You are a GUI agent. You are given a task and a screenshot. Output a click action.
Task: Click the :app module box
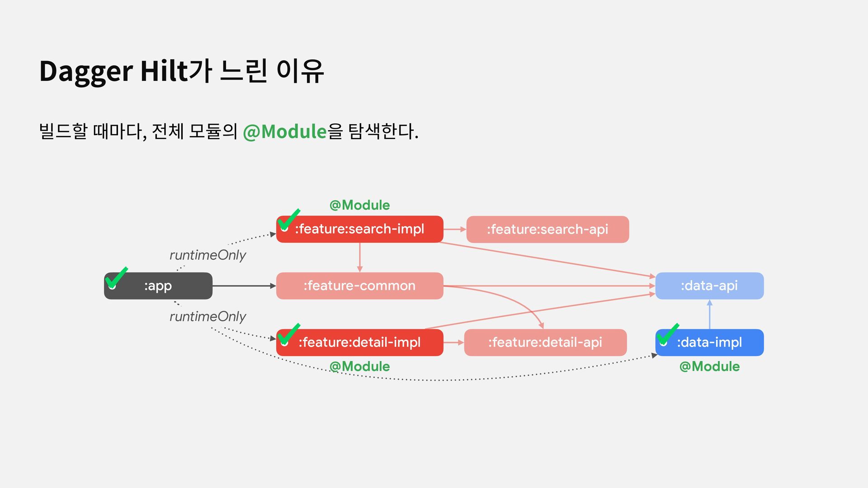click(158, 286)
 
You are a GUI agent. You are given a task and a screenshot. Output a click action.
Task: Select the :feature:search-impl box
click(359, 229)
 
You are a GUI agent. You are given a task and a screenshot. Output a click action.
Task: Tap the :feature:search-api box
click(547, 230)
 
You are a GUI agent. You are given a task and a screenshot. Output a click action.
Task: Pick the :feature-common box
click(359, 286)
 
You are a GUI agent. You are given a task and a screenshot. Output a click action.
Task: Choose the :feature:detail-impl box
click(359, 343)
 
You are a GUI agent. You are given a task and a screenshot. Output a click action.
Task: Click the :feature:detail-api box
click(545, 343)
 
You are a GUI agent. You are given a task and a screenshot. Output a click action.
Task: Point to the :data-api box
click(709, 286)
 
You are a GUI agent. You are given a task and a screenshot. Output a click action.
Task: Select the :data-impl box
click(709, 343)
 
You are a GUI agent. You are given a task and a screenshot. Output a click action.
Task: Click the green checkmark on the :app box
click(116, 277)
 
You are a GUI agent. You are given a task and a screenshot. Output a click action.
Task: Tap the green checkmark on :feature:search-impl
click(288, 219)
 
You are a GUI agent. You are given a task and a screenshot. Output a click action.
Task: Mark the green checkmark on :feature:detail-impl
click(288, 334)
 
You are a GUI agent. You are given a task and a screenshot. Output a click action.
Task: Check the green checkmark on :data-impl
click(667, 334)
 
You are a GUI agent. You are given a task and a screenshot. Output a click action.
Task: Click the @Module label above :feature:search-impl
click(359, 205)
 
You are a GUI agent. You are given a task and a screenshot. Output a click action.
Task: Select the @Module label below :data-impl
click(709, 366)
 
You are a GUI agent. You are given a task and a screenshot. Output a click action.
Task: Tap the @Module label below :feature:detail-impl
click(359, 366)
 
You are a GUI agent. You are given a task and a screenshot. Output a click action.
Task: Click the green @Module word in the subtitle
click(284, 132)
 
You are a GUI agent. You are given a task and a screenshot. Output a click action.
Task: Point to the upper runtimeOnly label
click(208, 255)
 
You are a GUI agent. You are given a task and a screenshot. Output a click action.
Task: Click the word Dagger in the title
click(86, 71)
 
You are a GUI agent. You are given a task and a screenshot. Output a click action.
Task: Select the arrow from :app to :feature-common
click(244, 286)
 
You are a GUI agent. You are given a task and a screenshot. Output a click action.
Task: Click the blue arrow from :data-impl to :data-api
click(709, 314)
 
